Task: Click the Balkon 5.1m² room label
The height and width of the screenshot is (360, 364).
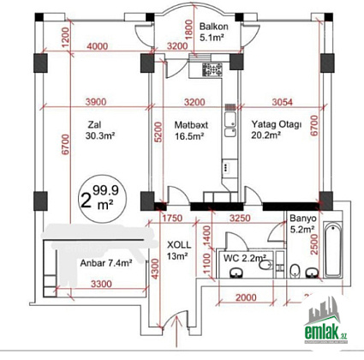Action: [213, 32]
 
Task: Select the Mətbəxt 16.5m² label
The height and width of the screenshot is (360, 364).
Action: [191, 130]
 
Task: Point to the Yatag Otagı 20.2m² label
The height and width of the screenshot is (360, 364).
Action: [276, 129]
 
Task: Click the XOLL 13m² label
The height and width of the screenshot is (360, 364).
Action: [179, 250]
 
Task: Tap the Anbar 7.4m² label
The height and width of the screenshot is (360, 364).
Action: [106, 263]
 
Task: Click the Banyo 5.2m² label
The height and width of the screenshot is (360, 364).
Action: [303, 224]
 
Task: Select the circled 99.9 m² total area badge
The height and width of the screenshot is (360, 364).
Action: [99, 199]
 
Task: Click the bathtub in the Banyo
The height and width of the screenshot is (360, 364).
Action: [332, 250]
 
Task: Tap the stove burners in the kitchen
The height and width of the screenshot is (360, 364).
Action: [212, 69]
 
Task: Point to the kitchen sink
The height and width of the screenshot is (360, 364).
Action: [230, 124]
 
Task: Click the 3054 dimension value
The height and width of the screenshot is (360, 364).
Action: [282, 102]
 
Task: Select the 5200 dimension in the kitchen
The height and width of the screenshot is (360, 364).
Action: [158, 132]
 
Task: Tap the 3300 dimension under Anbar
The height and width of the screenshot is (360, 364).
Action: [101, 284]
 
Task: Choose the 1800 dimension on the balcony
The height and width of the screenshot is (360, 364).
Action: [188, 29]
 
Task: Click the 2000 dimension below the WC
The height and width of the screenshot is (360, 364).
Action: [246, 297]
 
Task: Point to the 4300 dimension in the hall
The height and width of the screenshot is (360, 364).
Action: [154, 268]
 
